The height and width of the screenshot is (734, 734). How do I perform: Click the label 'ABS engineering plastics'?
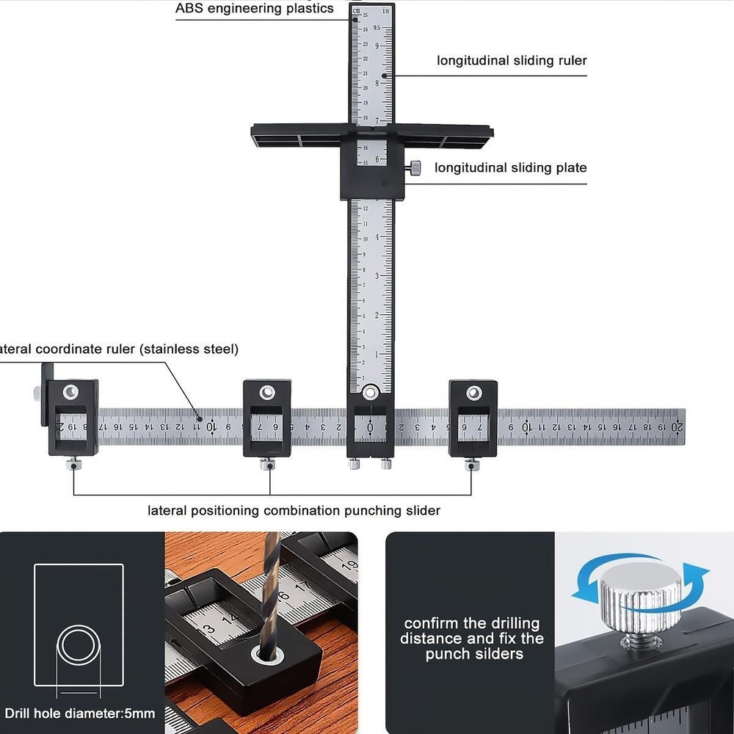254,9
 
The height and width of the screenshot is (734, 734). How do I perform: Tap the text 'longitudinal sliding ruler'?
512,60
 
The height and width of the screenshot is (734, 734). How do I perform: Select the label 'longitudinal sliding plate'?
510,168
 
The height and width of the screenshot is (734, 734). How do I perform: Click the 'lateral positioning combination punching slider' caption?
294,510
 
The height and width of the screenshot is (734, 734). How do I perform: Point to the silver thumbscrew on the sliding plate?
415,168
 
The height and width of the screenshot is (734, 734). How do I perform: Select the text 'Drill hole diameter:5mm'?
80,713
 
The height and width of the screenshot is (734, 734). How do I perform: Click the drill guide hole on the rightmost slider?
473,393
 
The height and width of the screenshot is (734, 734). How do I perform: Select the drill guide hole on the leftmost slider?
71,392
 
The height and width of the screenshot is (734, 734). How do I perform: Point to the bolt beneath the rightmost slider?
470,464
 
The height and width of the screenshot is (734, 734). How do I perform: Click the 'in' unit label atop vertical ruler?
384,11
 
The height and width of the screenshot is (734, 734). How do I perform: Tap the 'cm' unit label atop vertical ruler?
357,11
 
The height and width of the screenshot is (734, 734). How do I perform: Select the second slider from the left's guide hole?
268,392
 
